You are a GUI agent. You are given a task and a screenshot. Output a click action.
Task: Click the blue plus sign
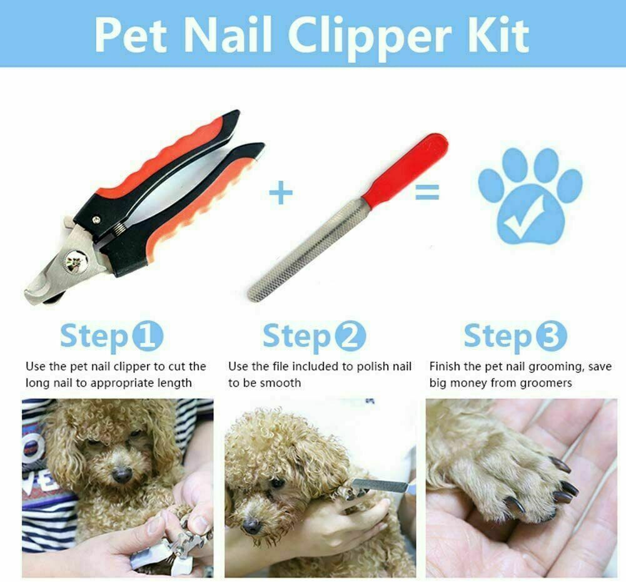281,192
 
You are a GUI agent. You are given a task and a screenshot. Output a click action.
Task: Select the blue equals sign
427,192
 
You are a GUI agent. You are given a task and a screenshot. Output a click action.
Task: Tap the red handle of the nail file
405,167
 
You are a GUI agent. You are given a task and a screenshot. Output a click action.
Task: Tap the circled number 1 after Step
148,336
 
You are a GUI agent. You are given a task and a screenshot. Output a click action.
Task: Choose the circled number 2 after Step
350,336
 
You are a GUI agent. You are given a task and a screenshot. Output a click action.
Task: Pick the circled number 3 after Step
551,336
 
